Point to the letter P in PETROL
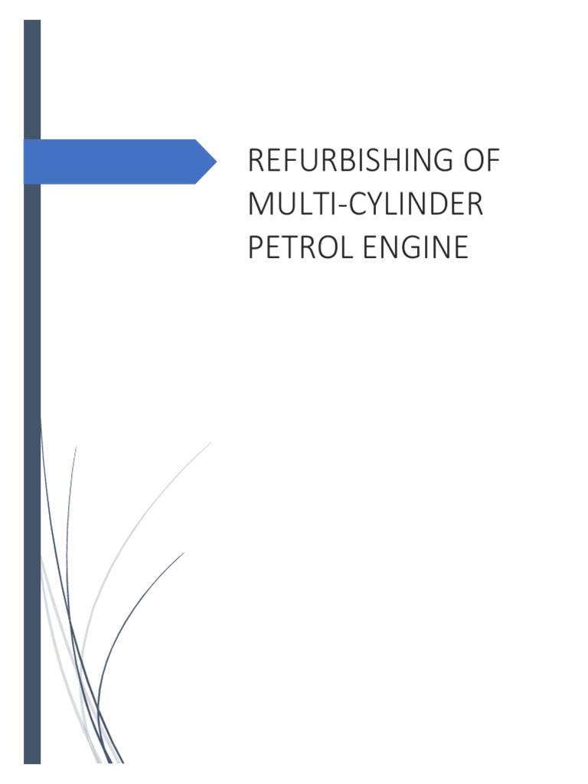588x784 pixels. click(255, 248)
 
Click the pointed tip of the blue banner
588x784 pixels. click(216, 162)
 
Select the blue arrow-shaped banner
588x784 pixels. click(115, 162)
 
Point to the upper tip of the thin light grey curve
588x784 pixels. click(211, 443)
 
